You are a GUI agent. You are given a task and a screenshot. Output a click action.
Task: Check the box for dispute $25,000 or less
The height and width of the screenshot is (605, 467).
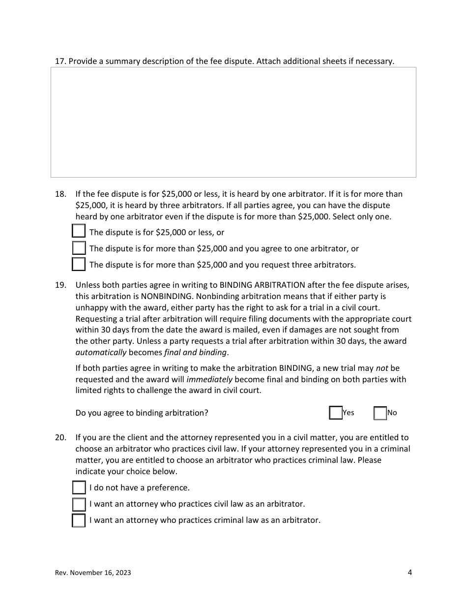(x=79, y=231)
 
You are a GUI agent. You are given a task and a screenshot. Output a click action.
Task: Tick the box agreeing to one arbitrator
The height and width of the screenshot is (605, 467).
(x=79, y=248)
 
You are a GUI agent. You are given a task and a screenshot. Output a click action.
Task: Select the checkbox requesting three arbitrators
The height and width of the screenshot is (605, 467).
(x=79, y=264)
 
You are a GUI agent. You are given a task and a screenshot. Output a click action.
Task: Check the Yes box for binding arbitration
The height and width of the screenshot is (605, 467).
(x=336, y=413)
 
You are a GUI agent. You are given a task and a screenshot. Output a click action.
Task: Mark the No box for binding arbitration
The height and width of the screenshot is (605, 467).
(x=380, y=413)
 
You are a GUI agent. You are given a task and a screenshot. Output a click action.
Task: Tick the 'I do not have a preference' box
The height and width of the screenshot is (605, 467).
(x=79, y=487)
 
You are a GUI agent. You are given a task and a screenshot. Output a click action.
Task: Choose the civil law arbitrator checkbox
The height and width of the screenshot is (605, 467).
(x=79, y=504)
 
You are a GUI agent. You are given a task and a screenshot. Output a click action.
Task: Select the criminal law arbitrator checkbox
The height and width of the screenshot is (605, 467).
(x=79, y=520)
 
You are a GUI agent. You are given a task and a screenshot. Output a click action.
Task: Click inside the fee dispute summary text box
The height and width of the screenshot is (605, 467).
(x=233, y=122)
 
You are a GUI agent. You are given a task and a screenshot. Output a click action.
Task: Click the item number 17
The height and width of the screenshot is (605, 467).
(x=60, y=61)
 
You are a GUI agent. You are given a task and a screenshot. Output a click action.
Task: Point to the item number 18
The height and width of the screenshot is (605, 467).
(x=60, y=194)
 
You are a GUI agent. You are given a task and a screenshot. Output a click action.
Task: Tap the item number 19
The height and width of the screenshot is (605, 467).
(x=60, y=285)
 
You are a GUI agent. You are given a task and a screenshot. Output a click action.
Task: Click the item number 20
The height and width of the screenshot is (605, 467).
(x=60, y=437)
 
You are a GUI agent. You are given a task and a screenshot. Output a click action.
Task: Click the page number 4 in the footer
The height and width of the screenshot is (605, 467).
(x=409, y=572)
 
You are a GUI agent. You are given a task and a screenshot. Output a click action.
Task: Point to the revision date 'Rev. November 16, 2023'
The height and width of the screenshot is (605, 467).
(x=93, y=573)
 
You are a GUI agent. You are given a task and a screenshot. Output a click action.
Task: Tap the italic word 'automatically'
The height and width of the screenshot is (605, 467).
(x=101, y=353)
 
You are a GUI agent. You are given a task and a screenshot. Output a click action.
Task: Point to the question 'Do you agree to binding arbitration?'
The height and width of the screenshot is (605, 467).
(x=142, y=413)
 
